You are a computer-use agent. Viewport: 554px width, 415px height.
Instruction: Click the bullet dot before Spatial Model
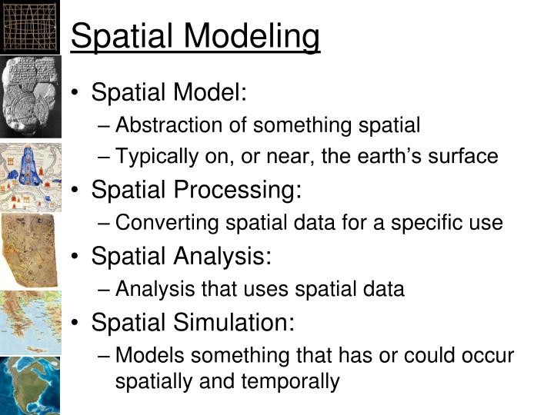click(78, 93)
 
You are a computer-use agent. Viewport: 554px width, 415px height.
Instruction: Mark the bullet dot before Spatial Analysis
click(78, 256)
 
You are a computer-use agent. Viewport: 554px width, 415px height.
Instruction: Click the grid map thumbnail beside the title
click(30, 26)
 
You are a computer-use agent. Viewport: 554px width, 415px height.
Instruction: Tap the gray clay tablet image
click(29, 95)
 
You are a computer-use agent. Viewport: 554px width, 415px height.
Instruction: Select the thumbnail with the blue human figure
click(29, 176)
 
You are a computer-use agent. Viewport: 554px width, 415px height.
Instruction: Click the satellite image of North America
click(29, 385)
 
